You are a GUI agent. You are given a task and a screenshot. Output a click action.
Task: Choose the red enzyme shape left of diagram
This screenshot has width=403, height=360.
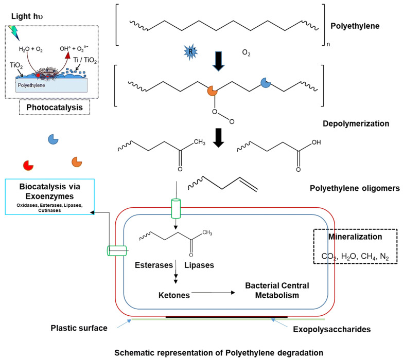29,166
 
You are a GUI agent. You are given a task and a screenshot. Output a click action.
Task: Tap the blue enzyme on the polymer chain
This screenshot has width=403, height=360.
266,83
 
